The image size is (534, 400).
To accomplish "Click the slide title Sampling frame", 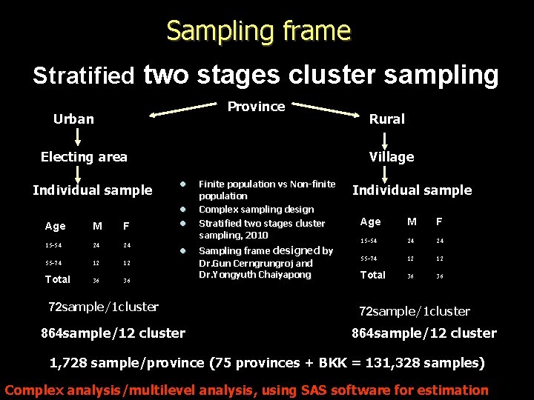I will (x=258, y=31).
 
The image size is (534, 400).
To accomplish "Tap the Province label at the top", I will (x=256, y=107).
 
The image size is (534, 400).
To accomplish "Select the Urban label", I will (x=73, y=119).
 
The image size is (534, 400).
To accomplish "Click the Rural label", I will (x=386, y=119).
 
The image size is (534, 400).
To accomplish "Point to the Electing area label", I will (x=84, y=157).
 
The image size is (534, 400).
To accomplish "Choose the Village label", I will (x=392, y=157).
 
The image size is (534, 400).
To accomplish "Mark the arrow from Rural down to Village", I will (x=384, y=139).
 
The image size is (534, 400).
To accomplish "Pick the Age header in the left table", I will (x=56, y=226).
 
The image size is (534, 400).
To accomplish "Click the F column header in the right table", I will (x=439, y=221).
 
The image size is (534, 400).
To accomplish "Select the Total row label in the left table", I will (x=58, y=279).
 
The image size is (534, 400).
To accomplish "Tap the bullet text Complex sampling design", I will (x=256, y=210).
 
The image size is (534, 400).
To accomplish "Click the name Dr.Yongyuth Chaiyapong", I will (x=254, y=275).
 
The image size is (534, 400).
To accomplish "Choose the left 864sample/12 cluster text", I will (x=113, y=333).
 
